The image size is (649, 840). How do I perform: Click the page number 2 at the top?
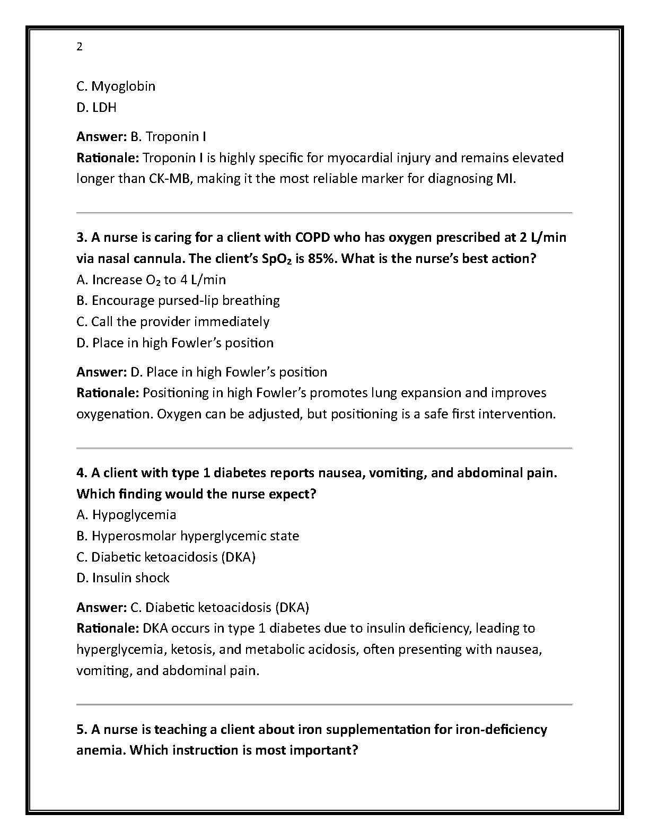[x=80, y=47]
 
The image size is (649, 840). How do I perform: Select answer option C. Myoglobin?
[x=116, y=86]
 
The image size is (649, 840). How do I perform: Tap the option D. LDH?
[x=97, y=107]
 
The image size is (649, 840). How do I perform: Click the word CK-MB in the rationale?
[x=163, y=178]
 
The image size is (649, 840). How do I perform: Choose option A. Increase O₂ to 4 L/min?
[x=151, y=279]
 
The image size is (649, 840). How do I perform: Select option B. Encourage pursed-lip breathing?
[x=178, y=300]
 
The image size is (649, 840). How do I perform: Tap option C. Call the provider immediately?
[x=173, y=321]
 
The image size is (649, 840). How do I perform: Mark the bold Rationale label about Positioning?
[x=108, y=392]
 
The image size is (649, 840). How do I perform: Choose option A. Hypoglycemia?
[x=126, y=514]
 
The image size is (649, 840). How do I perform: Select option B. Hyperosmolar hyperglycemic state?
[x=188, y=536]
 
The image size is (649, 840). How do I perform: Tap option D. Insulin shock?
[x=123, y=577]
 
